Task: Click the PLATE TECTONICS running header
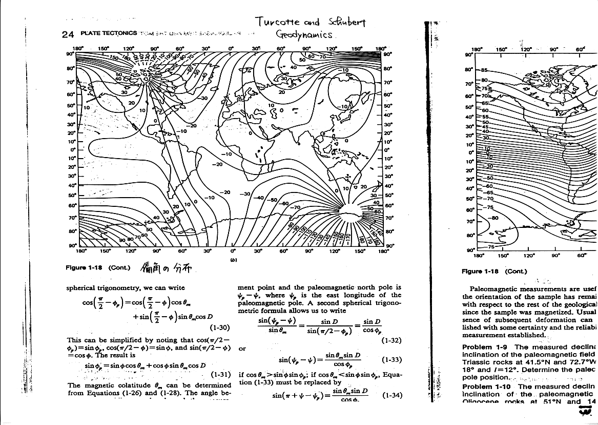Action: [107, 34]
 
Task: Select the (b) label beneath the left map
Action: [233, 260]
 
